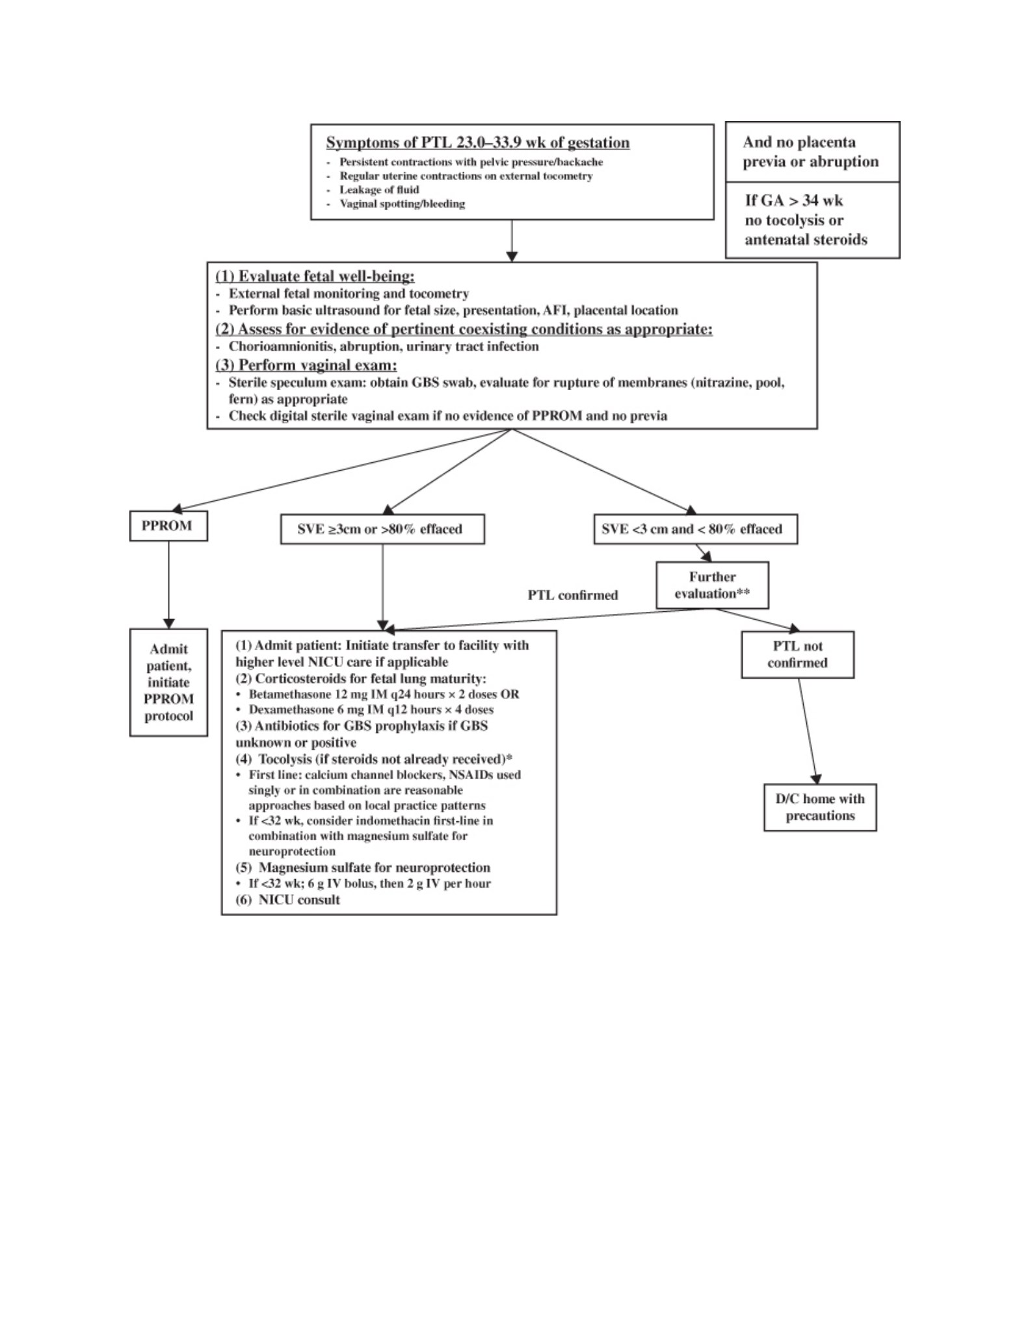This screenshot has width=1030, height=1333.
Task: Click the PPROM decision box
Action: click(x=168, y=526)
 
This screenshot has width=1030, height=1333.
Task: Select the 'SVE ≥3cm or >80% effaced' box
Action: click(x=382, y=529)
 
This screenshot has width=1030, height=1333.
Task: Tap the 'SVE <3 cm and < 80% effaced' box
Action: click(x=695, y=529)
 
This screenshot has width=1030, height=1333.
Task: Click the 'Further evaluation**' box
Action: click(x=712, y=585)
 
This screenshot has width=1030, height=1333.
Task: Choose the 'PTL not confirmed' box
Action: click(x=797, y=655)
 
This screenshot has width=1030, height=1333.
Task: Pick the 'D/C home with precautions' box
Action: click(x=820, y=807)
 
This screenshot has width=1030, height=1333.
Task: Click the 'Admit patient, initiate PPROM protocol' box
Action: click(x=168, y=682)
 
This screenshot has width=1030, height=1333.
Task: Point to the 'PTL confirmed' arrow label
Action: click(x=573, y=595)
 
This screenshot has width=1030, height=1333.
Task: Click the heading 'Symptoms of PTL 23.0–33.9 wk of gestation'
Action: click(x=478, y=142)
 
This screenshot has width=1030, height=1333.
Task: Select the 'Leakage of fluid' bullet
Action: click(x=378, y=190)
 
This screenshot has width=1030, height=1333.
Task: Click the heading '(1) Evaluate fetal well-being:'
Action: click(x=315, y=276)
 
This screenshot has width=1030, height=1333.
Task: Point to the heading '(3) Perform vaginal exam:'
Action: click(x=306, y=365)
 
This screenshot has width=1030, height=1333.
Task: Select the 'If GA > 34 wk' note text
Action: click(x=794, y=200)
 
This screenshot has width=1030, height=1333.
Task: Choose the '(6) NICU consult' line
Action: click(x=287, y=900)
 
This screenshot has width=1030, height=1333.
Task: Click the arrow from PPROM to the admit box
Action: click(x=168, y=585)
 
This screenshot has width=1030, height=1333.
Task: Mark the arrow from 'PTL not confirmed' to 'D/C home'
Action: click(x=808, y=732)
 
